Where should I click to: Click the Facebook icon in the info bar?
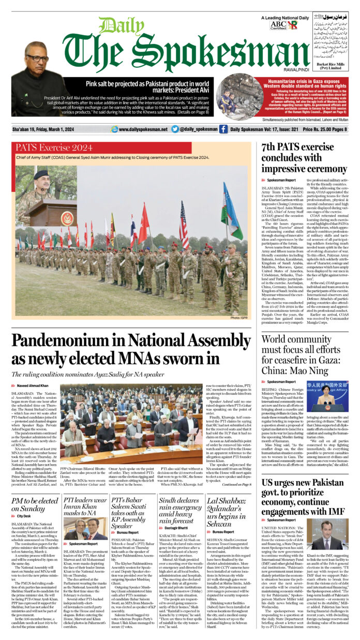(x=223, y=129)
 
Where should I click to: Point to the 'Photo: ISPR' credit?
(x=238, y=317)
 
